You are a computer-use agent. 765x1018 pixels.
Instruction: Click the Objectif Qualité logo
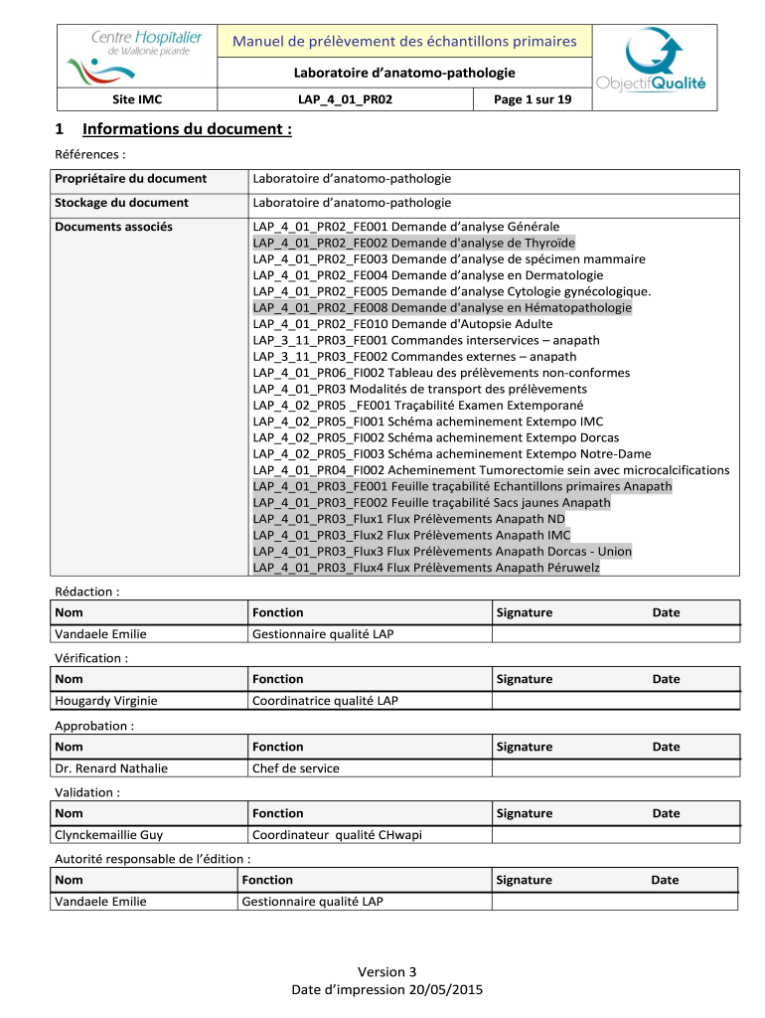pos(651,62)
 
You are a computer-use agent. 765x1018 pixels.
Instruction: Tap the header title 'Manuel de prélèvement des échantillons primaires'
pos(403,41)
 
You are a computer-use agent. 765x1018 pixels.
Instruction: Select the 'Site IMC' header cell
pos(135,100)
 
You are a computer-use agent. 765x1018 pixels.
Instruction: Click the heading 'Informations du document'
pos(187,129)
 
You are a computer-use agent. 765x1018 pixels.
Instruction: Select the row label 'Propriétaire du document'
pos(131,179)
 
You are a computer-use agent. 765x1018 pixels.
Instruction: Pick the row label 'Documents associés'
pos(114,227)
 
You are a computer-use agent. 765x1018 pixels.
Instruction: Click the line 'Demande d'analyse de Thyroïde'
pos(413,243)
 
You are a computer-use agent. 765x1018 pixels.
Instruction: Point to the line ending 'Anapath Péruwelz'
pos(426,568)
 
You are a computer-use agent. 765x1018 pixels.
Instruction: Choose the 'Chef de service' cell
pos(296,767)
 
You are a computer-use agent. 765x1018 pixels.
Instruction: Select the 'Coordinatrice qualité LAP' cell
pos(325,701)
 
